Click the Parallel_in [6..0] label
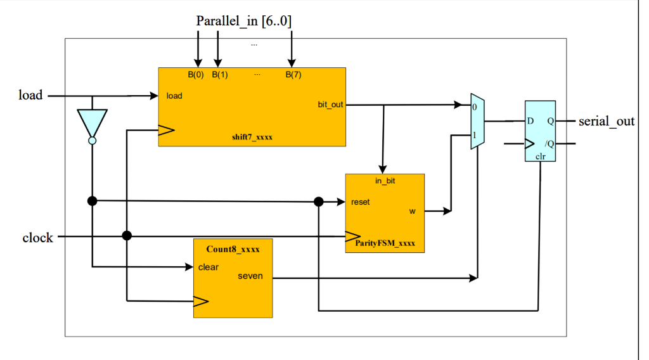pyautogui.click(x=243, y=21)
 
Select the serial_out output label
pyautogui.click(x=606, y=121)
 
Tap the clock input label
pyautogui.click(x=37, y=238)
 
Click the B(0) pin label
pyautogui.click(x=195, y=75)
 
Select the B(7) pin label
pyautogui.click(x=293, y=75)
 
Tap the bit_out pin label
pyautogui.click(x=330, y=104)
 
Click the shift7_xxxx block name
pyautogui.click(x=252, y=138)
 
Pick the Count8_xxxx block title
pyautogui.click(x=233, y=249)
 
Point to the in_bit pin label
pyautogui.click(x=385, y=181)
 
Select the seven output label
pyautogui.click(x=250, y=276)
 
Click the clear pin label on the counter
pyautogui.click(x=208, y=267)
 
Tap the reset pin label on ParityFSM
pyautogui.click(x=360, y=202)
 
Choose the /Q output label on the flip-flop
pyautogui.click(x=549, y=143)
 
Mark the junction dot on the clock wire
pyautogui.click(x=127, y=236)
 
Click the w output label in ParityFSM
pyautogui.click(x=412, y=211)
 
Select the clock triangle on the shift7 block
pyautogui.click(x=165, y=131)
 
